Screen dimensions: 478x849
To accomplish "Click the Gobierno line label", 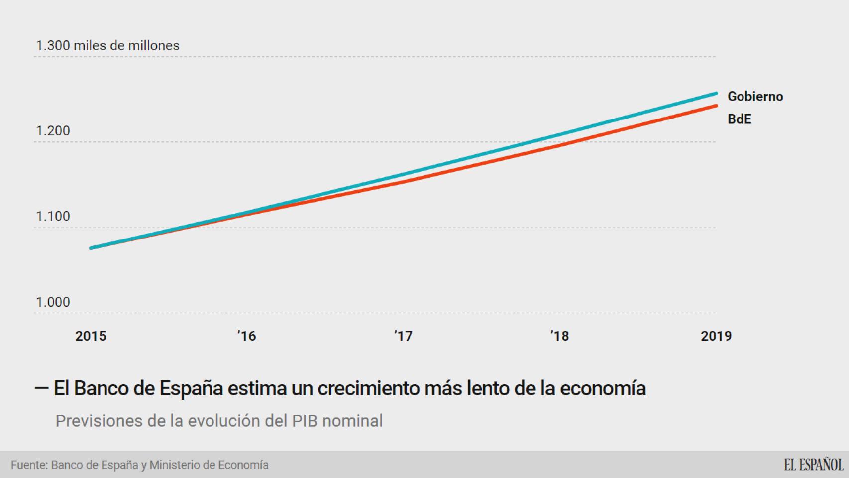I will coord(755,96).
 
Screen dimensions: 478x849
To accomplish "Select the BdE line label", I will coord(739,119).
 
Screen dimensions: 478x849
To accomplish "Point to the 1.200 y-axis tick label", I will coord(53,131).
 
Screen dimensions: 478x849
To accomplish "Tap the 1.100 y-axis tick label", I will coord(53,216).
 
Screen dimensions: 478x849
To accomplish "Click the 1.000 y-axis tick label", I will coord(53,302).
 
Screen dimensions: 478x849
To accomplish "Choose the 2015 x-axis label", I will coord(91,336).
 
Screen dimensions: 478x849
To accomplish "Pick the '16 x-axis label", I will coord(247,336).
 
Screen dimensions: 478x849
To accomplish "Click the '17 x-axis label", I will coord(404,336).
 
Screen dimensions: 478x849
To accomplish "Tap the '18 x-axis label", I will coord(560,336).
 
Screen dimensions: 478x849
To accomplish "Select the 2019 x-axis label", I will coord(716,336).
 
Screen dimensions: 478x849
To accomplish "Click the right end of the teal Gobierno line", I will coord(716,93).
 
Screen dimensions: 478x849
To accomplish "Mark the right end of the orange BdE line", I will coord(716,106).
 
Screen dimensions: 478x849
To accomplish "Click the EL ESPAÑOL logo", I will coord(813,465).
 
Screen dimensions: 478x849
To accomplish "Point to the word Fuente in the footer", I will coord(29,465).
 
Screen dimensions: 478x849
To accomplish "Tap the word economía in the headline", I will coord(603,388).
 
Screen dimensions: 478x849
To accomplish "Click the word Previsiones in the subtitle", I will coord(98,421).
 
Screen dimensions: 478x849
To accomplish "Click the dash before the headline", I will coord(41,388).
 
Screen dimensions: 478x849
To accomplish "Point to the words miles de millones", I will coord(126,45).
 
